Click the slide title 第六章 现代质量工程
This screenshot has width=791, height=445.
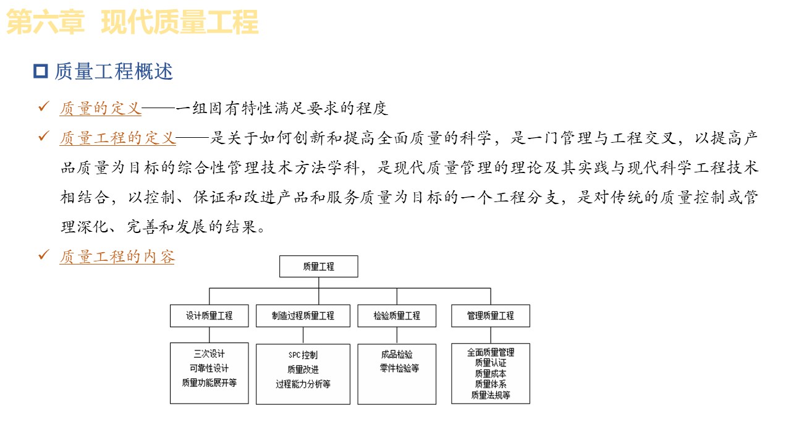[132, 23]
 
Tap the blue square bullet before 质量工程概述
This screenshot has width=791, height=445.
[40, 71]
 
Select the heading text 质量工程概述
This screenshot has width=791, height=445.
[114, 72]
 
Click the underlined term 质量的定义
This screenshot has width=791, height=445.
[101, 109]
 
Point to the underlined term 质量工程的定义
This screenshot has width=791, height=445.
[118, 138]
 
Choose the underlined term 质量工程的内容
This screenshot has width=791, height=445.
[117, 256]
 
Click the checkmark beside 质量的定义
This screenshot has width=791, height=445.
[44, 108]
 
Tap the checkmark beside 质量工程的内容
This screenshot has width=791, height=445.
[44, 255]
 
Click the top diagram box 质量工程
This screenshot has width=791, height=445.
[319, 266]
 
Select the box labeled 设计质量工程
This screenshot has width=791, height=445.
[209, 315]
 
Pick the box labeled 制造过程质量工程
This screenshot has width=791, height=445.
[303, 315]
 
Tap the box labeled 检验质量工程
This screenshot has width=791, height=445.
[397, 315]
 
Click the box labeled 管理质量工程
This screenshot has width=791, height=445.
[491, 315]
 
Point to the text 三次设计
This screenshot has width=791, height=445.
[209, 354]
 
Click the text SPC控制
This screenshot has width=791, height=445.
[303, 355]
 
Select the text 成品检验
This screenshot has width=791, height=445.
[397, 355]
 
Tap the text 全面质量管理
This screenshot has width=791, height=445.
[491, 352]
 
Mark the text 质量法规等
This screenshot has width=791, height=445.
[491, 395]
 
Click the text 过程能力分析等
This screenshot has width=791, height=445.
[303, 384]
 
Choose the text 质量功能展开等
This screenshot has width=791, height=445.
[209, 383]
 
